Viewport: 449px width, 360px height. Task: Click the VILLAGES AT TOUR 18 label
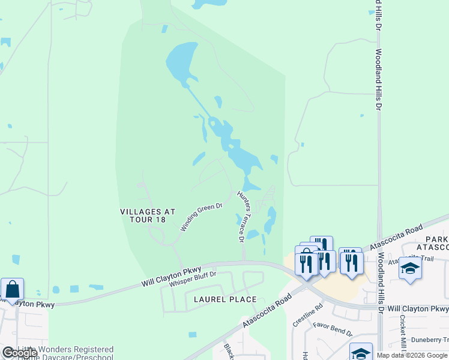147,215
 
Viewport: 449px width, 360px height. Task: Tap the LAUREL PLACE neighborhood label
225,299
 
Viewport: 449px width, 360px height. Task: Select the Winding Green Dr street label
202,217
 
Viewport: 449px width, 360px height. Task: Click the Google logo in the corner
19,353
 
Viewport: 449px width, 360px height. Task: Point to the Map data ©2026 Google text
412,355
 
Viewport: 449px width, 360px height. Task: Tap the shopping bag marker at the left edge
12,290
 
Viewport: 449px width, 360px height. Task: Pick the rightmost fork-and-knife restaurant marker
350,261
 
